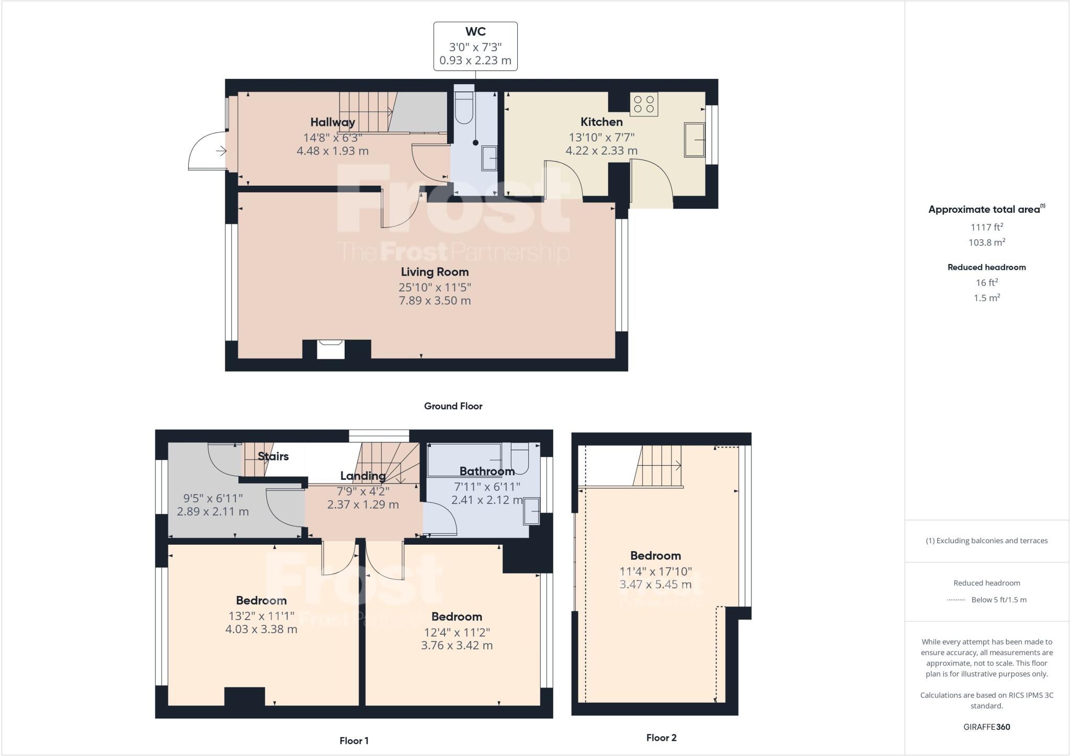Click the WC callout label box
tap(475, 46)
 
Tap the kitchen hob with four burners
tap(644, 104)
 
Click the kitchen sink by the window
tap(694, 140)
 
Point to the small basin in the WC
tap(489, 158)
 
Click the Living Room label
tap(435, 272)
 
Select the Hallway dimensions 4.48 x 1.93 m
tap(333, 151)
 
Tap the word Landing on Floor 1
tap(362, 476)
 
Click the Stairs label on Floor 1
tap(273, 456)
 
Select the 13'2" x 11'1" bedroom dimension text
tap(261, 616)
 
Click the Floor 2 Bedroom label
tap(655, 556)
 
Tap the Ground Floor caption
tap(453, 406)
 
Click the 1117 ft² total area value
tap(986, 227)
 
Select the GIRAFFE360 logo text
tap(986, 727)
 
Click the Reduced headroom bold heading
tap(986, 267)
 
